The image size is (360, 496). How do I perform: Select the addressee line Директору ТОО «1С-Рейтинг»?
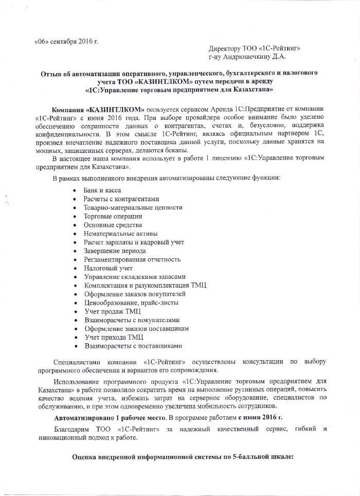[x=255, y=48]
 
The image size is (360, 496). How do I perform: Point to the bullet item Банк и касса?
[x=102, y=190]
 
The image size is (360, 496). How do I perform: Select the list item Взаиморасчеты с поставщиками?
[x=133, y=346]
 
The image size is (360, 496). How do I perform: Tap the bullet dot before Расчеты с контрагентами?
[x=76, y=199]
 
